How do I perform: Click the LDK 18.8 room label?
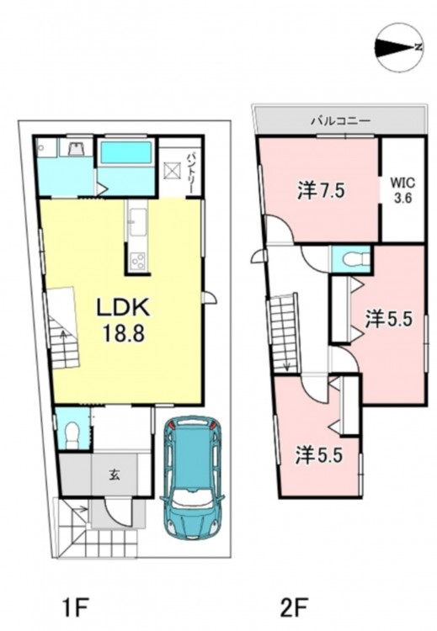(x=123, y=320)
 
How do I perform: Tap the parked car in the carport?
(x=192, y=478)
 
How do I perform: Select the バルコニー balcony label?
(x=340, y=120)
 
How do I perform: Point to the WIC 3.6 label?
(x=402, y=190)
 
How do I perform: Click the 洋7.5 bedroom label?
(x=321, y=190)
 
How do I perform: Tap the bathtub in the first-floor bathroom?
(x=125, y=152)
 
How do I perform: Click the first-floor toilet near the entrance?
(x=72, y=435)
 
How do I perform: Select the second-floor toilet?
(x=355, y=259)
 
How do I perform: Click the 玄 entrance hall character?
(x=115, y=475)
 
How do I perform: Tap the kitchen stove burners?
(x=138, y=260)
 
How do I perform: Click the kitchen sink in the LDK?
(x=138, y=223)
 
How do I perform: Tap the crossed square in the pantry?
(x=172, y=169)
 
